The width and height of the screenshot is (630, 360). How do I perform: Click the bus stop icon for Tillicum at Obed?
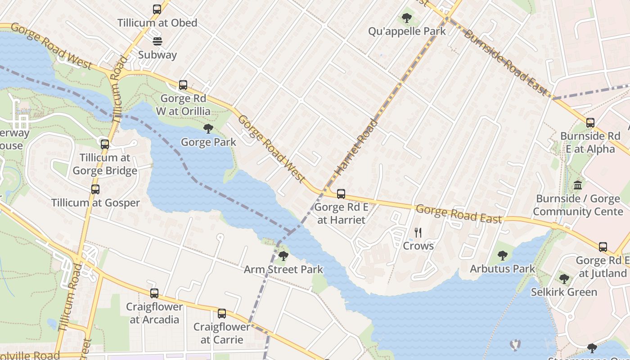157,9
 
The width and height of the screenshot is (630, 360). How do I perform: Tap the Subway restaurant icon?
157,41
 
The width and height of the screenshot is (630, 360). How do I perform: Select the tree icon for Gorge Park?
208,129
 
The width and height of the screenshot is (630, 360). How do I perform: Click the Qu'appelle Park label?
407,31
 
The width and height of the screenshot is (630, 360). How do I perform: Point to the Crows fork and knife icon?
418,233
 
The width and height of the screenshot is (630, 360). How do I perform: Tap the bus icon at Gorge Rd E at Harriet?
341,194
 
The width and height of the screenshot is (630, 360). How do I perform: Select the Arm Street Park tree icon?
283,256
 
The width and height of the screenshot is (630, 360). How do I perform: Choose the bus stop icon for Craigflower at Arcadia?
154,293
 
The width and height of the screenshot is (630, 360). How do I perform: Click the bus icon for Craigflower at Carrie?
221,314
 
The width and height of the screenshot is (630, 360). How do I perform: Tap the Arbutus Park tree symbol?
503,256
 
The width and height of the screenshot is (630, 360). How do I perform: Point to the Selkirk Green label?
564,292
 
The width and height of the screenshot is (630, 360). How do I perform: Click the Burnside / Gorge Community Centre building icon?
578,185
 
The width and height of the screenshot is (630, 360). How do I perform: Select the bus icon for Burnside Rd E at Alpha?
590,122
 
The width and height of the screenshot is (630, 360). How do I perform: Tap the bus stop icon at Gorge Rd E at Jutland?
603,247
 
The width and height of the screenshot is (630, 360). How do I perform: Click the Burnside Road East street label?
506,63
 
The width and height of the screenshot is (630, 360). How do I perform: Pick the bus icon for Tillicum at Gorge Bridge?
105,144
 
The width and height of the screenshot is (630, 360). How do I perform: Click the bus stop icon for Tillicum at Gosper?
95,189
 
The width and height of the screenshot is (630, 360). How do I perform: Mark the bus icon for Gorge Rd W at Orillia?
183,85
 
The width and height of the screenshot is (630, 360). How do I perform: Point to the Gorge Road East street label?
458,214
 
